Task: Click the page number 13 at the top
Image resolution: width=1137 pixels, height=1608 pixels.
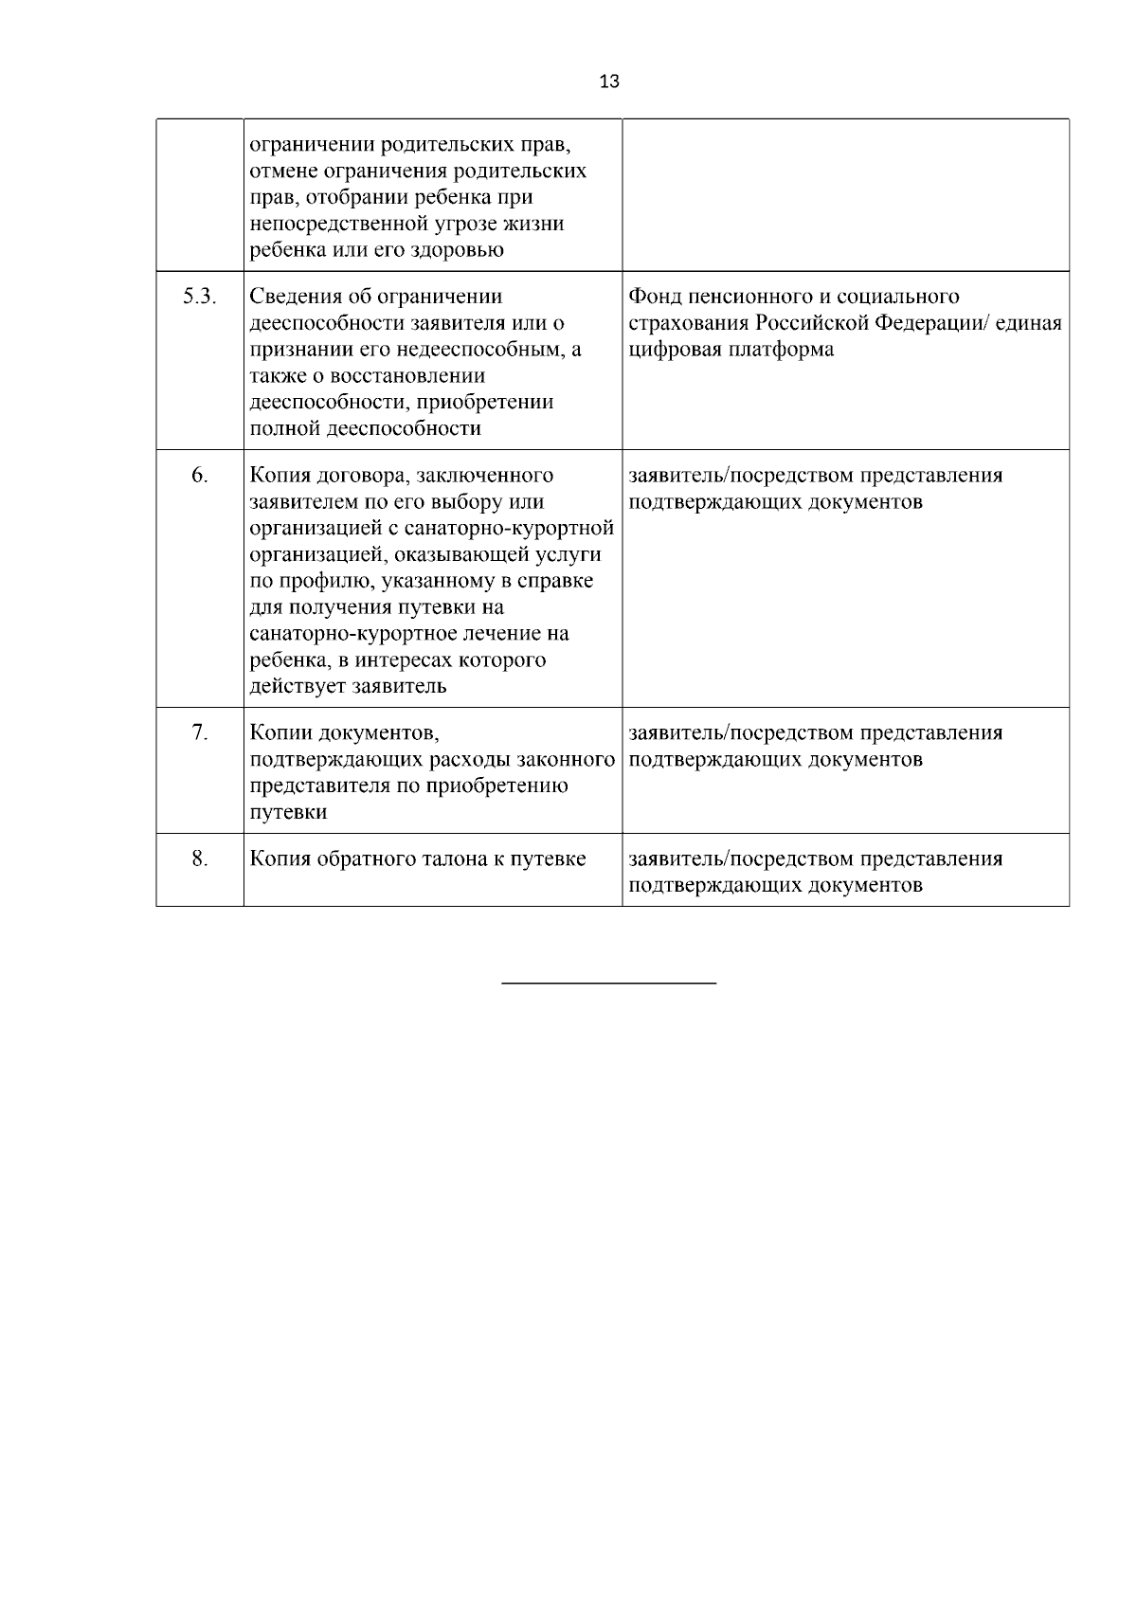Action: coord(609,81)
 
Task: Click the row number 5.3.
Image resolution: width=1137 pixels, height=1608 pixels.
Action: coord(200,297)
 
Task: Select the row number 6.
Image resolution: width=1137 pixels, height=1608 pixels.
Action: coord(200,475)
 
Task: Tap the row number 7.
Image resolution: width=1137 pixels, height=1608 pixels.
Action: coord(200,732)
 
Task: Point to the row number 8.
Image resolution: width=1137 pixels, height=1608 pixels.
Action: coord(200,858)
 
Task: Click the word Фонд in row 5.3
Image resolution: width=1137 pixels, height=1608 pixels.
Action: coord(656,297)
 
